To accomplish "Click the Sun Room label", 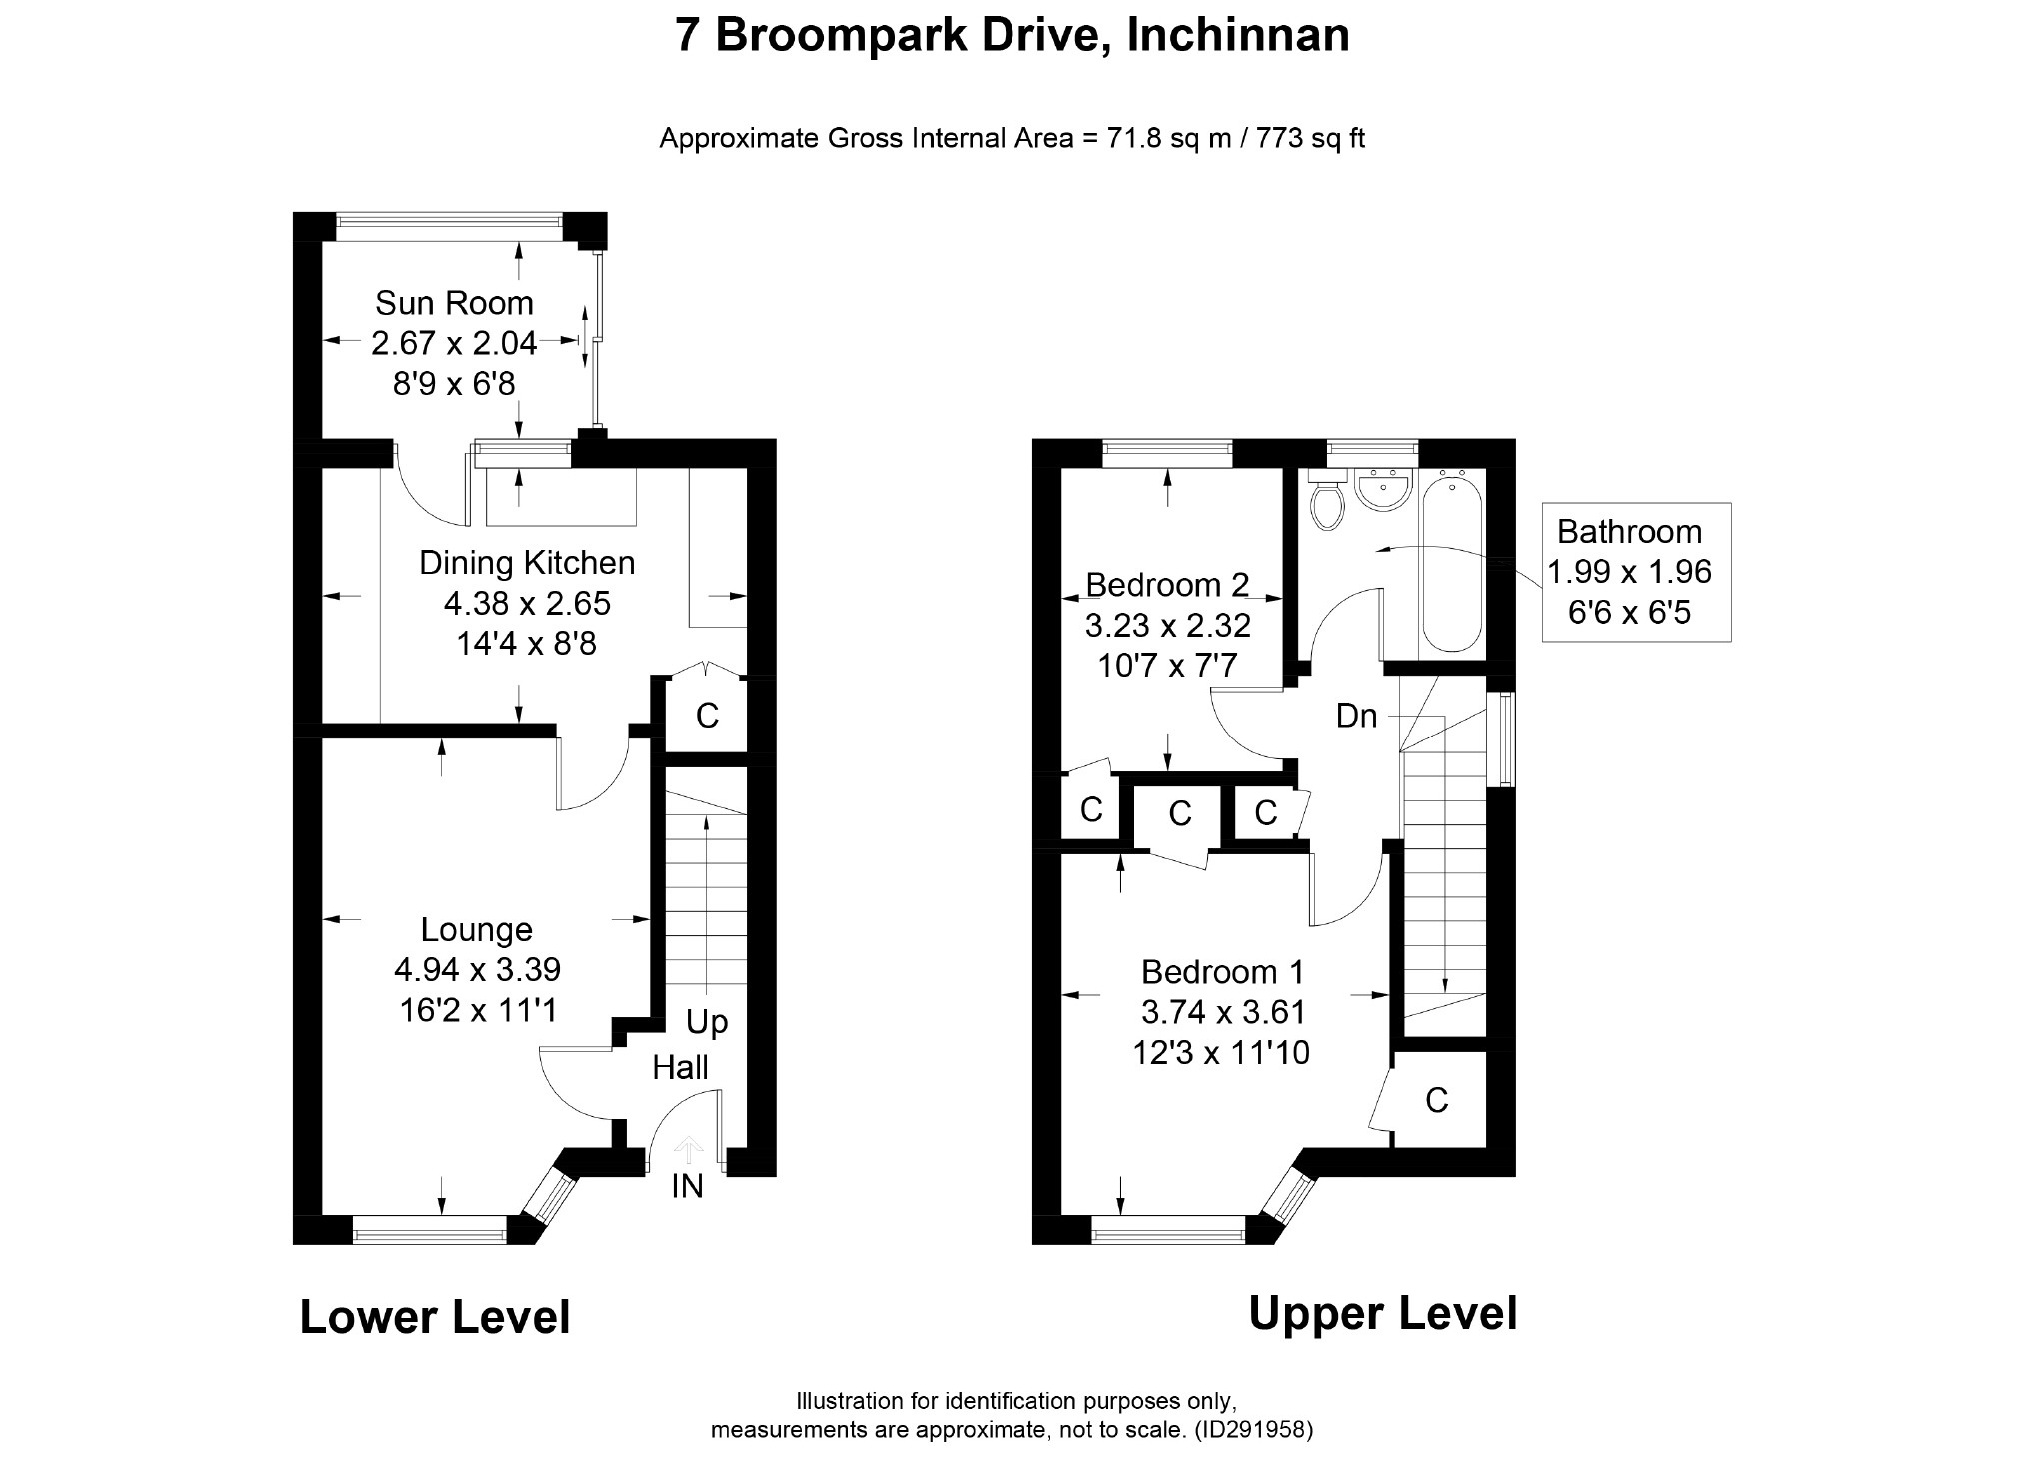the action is [454, 302].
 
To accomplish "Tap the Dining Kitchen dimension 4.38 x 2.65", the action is [527, 604].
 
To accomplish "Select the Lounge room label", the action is [476, 930].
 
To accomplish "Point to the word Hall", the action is [680, 1067].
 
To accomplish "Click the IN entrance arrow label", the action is [687, 1186].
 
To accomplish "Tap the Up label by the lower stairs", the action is [707, 1023].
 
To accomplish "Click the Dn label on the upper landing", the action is [1356, 716].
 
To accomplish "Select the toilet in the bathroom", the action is [1328, 501].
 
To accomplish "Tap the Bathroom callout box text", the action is [1630, 572].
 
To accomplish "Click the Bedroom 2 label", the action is [1167, 584].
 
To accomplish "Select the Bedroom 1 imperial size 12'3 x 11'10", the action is [1221, 1053].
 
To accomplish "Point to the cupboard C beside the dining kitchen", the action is [707, 716].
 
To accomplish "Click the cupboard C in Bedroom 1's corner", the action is [1436, 1100].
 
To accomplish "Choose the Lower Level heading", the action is [435, 1317].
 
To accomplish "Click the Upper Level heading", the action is [1383, 1313].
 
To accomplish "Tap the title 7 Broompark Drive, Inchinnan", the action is [1012, 35].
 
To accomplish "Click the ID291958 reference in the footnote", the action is [1254, 1430].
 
